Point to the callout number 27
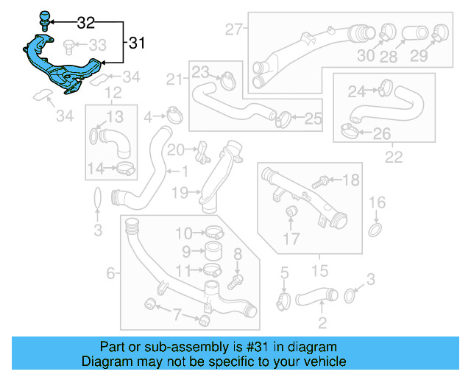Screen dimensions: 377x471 click(234, 30)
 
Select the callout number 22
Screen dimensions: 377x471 click(394, 157)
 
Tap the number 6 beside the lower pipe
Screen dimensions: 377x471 click(110, 274)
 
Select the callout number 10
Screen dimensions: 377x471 click(183, 234)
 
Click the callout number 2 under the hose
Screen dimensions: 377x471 click(322, 323)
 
